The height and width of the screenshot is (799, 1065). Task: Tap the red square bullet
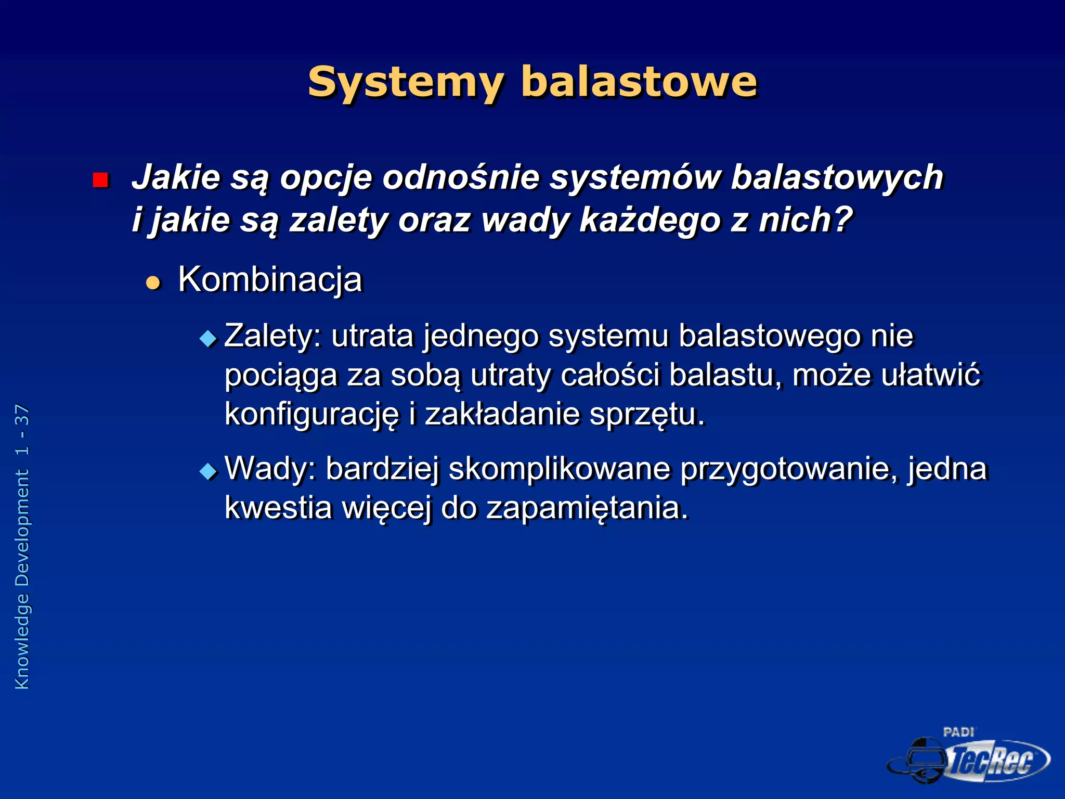[x=100, y=180]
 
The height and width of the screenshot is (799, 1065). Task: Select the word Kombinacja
[x=270, y=280]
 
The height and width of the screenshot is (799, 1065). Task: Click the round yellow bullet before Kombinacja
[x=153, y=283]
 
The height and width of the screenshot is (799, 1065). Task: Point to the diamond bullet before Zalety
[x=208, y=339]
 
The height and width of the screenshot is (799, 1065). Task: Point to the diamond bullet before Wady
[x=208, y=471]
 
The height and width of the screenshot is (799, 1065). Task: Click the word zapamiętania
[x=587, y=508]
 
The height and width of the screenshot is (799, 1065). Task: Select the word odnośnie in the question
[x=461, y=177]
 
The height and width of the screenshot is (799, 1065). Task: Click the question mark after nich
[x=843, y=220]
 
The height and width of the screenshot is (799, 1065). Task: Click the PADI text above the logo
[x=958, y=732]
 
